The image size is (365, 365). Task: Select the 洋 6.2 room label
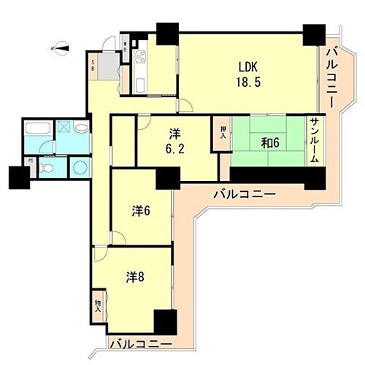[x=174, y=142]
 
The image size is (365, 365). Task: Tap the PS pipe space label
[x=30, y=161]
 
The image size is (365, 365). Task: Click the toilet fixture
[x=48, y=168]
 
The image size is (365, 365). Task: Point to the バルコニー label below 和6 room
[x=244, y=194]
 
